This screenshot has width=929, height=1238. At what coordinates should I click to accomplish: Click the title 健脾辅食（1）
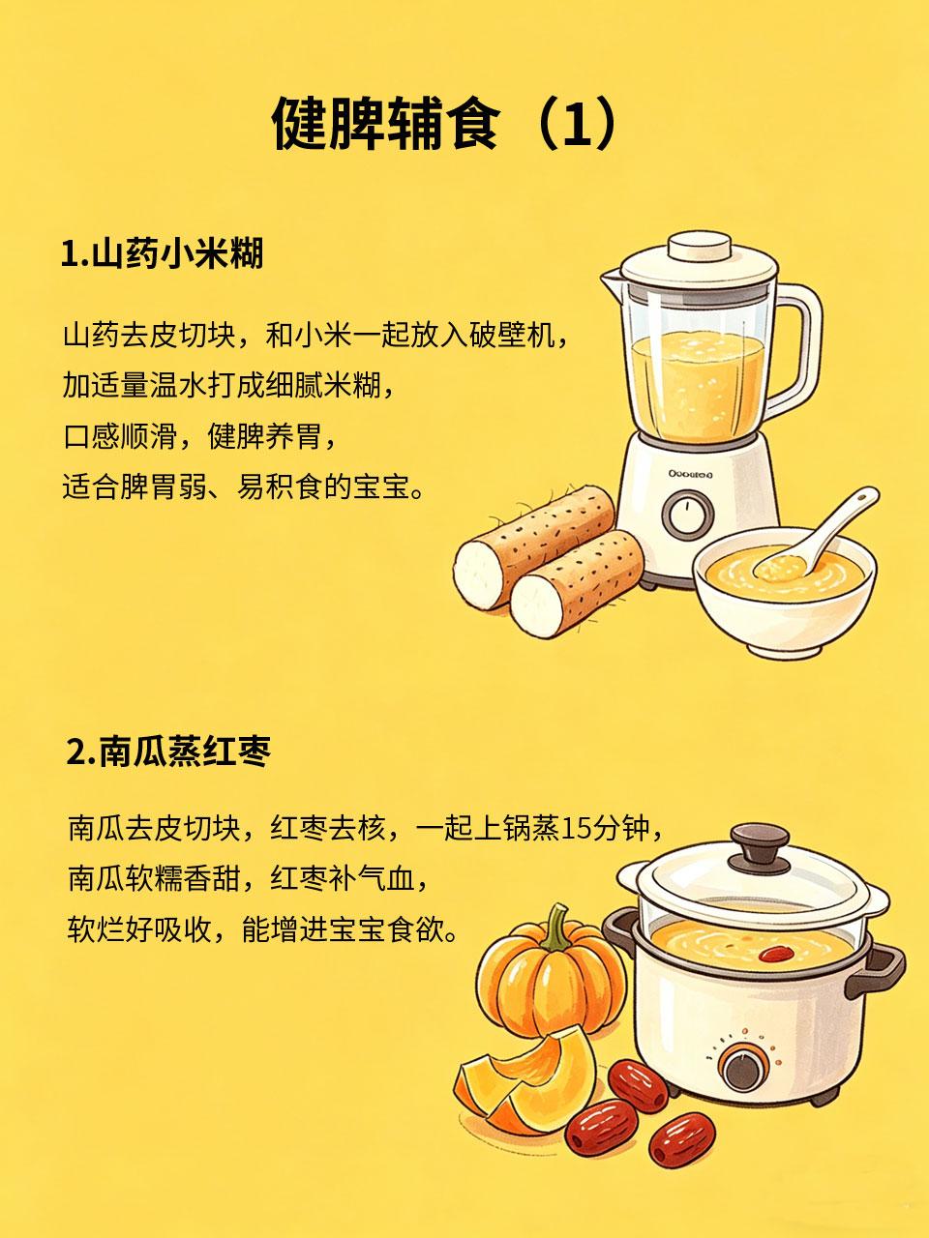[x=444, y=124]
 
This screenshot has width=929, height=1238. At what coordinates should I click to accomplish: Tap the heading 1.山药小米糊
[x=162, y=255]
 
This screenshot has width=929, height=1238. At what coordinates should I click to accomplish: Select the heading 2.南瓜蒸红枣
[x=169, y=752]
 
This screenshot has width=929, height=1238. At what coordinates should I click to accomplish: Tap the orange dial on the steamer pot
[x=741, y=1065]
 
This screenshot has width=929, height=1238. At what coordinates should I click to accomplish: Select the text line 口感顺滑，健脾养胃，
[x=202, y=436]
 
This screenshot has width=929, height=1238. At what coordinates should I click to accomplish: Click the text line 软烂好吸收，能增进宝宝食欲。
[x=261, y=931]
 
